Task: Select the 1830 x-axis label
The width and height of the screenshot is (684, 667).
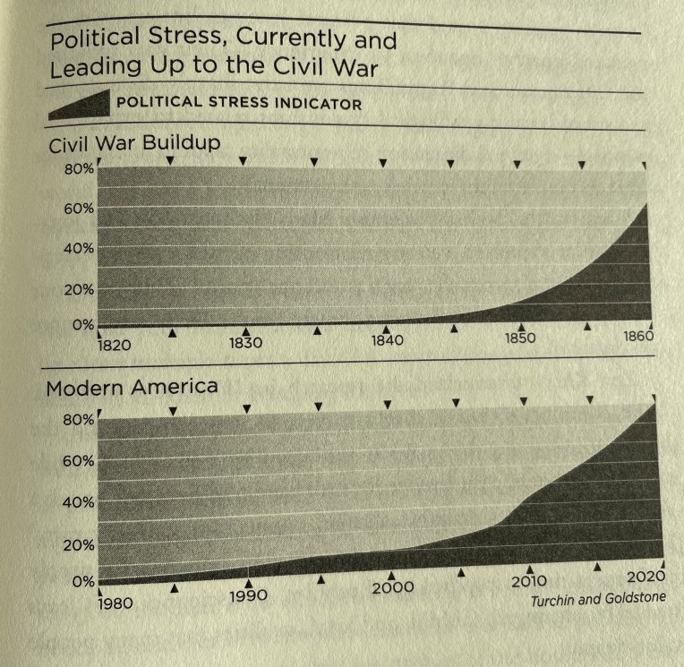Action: pyautogui.click(x=246, y=342)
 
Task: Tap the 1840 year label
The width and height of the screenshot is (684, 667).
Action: pyautogui.click(x=388, y=340)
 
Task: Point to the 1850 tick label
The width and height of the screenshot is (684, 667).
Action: pyautogui.click(x=519, y=338)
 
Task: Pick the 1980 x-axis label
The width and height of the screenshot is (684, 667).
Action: pyautogui.click(x=115, y=603)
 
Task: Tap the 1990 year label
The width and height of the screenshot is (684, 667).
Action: pyautogui.click(x=249, y=594)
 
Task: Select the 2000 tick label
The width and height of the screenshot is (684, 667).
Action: pyautogui.click(x=391, y=587)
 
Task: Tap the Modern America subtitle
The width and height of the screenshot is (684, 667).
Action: pyautogui.click(x=132, y=389)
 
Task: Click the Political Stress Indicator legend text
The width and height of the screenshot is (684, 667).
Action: pyautogui.click(x=239, y=104)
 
